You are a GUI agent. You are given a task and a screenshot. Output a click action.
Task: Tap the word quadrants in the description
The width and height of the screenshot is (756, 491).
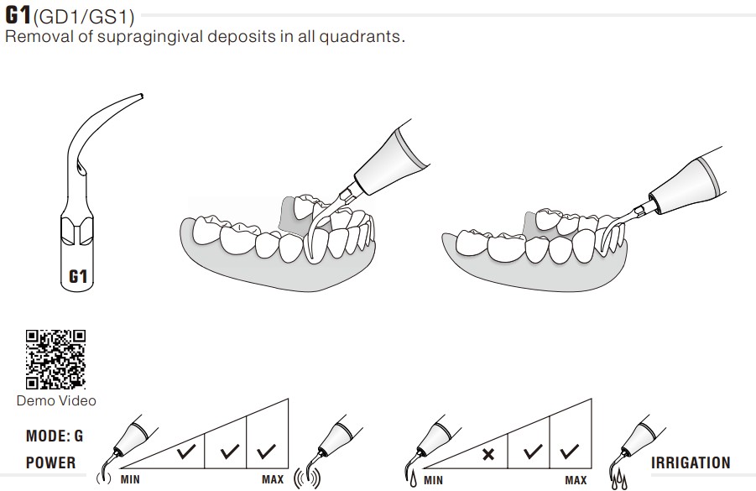coord(360,37)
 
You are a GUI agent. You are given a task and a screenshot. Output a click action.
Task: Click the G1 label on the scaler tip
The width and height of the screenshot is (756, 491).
coord(78,276)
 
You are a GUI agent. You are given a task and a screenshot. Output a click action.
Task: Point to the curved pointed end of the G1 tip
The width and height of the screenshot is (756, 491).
coord(141,96)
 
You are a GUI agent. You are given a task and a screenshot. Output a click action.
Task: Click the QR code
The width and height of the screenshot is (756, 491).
coord(56,359)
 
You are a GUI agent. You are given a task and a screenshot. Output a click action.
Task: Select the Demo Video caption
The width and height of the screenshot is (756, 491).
coord(56,400)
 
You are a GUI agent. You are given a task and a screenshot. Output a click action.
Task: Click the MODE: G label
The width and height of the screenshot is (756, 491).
coord(55,436)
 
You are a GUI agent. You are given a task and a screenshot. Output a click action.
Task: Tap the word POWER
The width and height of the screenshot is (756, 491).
coord(50,462)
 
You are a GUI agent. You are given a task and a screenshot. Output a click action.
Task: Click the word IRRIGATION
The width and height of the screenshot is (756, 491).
coord(691,462)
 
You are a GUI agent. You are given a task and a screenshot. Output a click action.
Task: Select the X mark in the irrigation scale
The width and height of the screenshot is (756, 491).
coord(488,454)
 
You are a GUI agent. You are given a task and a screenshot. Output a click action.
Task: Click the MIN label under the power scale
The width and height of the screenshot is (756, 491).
coord(130,479)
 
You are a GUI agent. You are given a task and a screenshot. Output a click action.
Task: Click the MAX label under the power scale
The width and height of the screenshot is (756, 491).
coord(273,479)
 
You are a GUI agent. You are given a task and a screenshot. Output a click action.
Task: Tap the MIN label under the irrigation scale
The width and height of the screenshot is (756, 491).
coord(433,480)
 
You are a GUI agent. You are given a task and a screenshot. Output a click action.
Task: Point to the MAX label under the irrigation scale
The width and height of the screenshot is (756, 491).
coord(576,480)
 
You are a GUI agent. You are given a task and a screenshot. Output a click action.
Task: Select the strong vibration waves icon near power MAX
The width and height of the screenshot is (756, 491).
coord(307,478)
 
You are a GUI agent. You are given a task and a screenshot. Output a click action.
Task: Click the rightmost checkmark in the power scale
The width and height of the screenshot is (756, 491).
coord(266,451)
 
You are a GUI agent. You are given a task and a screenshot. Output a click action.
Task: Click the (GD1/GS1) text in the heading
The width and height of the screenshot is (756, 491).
coord(83,18)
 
